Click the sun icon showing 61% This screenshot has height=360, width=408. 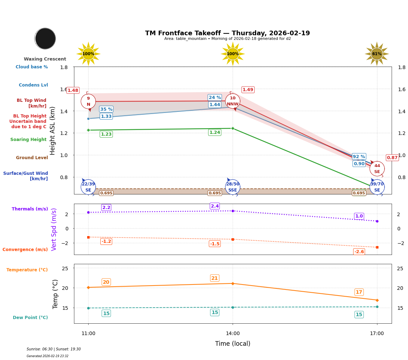pyautogui.click(x=377, y=54)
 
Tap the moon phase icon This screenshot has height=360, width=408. pyautogui.click(x=45, y=38)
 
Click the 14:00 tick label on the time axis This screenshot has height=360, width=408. pyautogui.click(x=233, y=334)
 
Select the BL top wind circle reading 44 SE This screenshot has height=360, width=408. pyautogui.click(x=377, y=168)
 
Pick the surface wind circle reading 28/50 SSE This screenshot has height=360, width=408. pyautogui.click(x=233, y=187)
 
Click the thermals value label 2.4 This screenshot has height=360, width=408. pyautogui.click(x=215, y=206)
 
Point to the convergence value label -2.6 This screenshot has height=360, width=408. pyautogui.click(x=359, y=252)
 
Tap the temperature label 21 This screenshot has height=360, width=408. pyautogui.click(x=214, y=278)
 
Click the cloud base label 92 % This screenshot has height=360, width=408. pyautogui.click(x=359, y=157)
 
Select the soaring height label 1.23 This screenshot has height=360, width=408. pyautogui.click(x=106, y=134)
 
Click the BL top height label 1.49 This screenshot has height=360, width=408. pyautogui.click(x=248, y=90)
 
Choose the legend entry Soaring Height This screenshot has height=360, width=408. pyautogui.click(x=28, y=140)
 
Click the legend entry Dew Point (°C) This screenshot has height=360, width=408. pyautogui.click(x=30, y=318)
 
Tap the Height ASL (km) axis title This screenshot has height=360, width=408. pyautogui.click(x=53, y=130)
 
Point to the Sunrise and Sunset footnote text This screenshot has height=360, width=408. pyautogui.click(x=54, y=349)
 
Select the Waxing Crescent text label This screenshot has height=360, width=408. pyautogui.click(x=45, y=59)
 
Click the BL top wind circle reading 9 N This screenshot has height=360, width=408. pyautogui.click(x=88, y=101)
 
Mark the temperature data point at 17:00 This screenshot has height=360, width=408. pyautogui.click(x=377, y=300)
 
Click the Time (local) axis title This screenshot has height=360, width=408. pyautogui.click(x=233, y=344)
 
